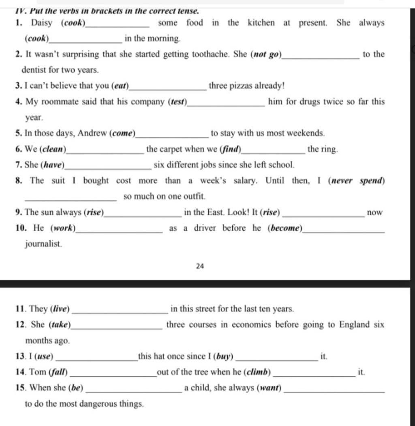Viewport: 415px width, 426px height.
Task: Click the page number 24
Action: (200, 266)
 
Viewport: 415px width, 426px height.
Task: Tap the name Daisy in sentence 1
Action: (42, 23)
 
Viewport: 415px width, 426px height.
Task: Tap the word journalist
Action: (44, 244)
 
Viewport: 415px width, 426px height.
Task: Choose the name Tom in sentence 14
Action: (38, 372)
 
